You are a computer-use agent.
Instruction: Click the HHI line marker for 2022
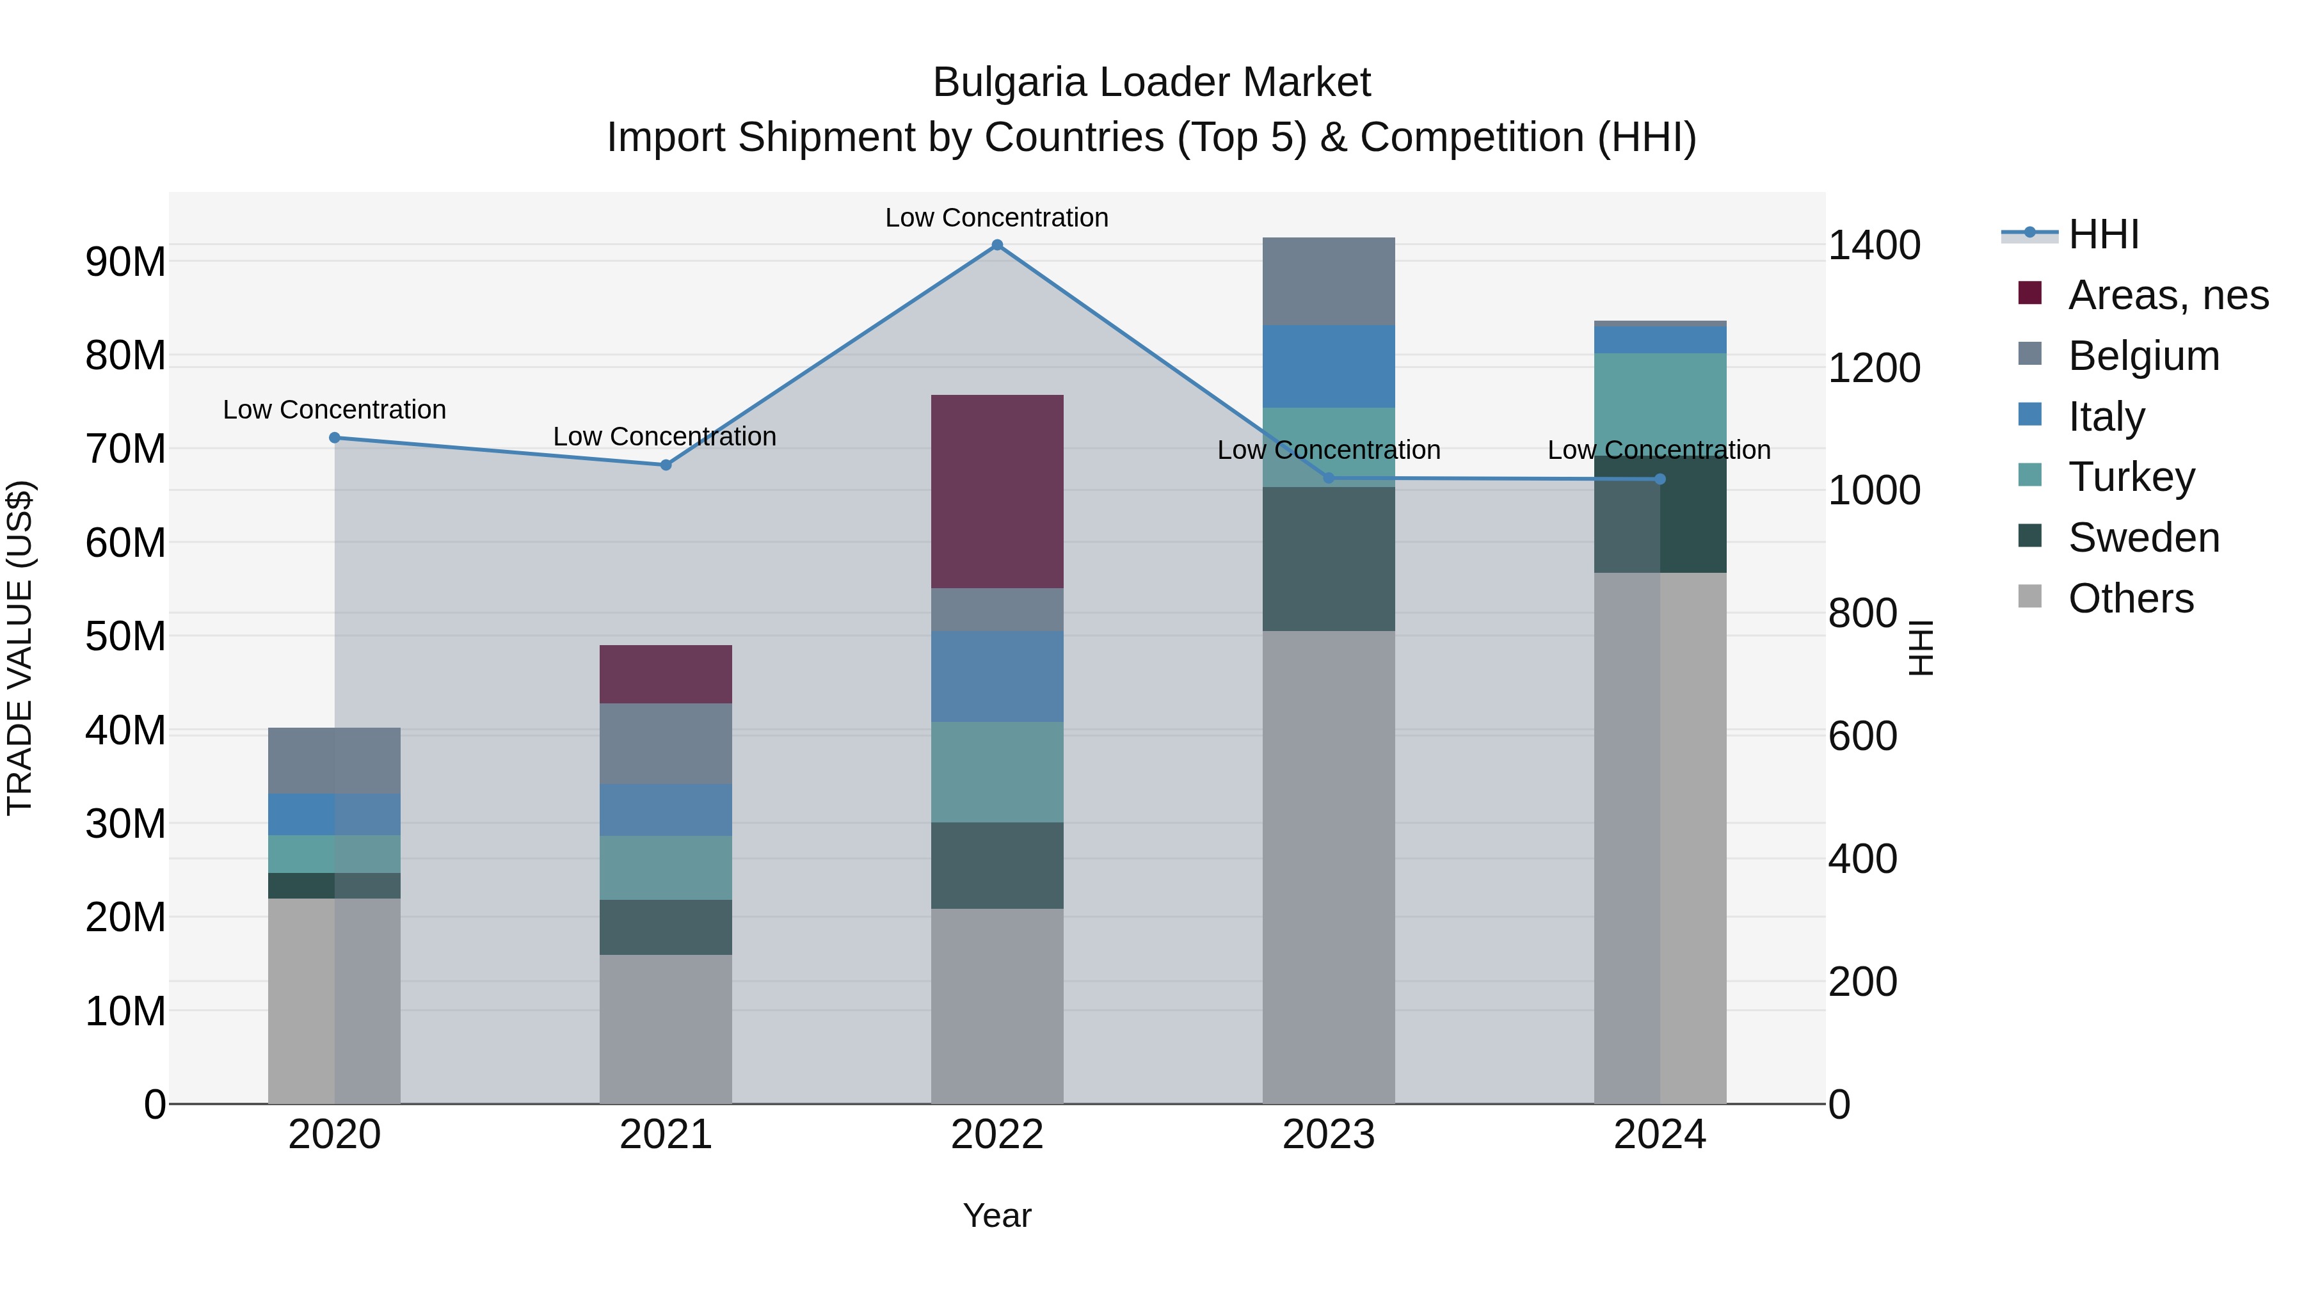[x=996, y=245]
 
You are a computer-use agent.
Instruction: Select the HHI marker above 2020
[x=335, y=437]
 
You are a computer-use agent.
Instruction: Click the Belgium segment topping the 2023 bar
[x=1328, y=281]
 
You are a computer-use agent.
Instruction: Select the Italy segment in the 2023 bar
[x=1328, y=366]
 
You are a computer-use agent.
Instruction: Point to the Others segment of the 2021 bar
[x=666, y=1028]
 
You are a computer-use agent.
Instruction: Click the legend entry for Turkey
[x=2131, y=477]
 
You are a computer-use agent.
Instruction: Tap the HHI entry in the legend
[x=2103, y=234]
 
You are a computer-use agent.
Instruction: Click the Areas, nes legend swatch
[x=2030, y=293]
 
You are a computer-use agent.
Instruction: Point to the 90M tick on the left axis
[x=125, y=262]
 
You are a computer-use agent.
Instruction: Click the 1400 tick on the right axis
[x=1874, y=245]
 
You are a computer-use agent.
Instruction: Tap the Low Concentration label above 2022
[x=996, y=218]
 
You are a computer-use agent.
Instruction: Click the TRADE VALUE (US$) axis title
[x=20, y=648]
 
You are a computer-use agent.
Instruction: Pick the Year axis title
[x=996, y=1215]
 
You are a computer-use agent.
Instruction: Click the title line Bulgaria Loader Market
[x=1151, y=83]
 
